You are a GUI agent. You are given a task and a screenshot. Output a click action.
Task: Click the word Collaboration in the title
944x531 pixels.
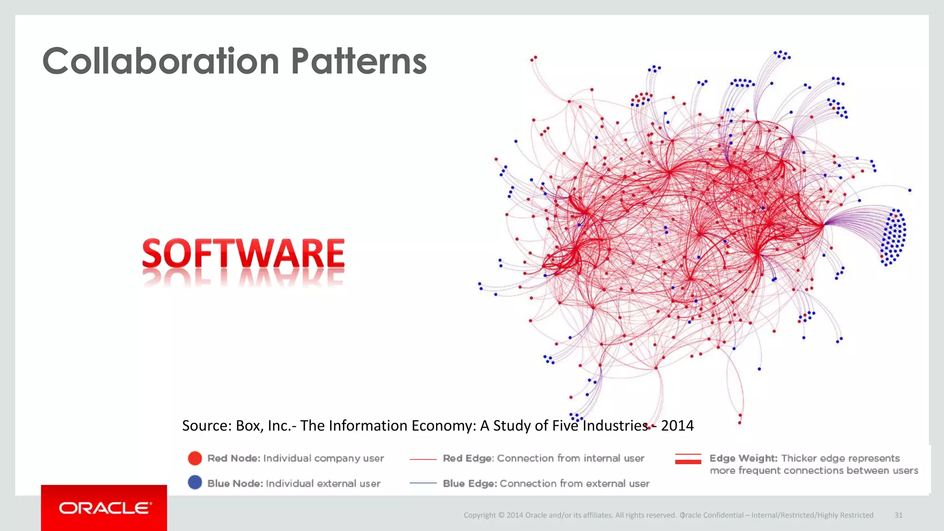[160, 61]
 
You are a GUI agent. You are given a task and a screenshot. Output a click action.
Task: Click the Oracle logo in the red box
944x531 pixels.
[105, 508]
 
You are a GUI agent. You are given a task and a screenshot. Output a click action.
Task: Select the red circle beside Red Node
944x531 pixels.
[195, 458]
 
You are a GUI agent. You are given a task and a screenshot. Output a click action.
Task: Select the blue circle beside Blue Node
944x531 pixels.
[195, 483]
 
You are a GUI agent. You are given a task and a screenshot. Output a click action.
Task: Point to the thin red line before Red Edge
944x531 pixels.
[423, 459]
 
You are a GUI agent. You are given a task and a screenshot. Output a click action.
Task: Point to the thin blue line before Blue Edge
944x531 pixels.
[423, 483]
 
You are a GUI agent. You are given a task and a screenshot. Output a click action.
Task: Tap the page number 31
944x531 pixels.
[898, 515]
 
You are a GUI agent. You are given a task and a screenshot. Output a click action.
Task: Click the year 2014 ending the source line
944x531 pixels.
[677, 425]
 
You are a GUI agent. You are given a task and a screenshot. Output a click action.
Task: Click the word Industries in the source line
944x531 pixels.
[615, 425]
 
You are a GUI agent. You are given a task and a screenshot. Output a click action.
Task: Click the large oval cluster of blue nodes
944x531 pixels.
[893, 237]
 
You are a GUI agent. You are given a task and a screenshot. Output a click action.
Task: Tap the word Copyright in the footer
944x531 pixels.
[480, 515]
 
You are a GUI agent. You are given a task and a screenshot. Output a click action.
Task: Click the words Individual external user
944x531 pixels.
[323, 484]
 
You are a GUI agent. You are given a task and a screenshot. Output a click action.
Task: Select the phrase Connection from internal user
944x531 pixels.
[570, 458]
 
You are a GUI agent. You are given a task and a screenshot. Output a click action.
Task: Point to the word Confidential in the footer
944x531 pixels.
[723, 515]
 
